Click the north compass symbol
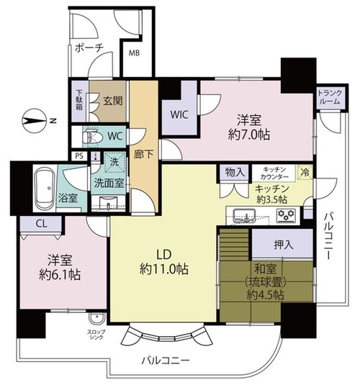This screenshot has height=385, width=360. coord(34,121)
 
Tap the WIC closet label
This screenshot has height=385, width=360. coord(179,114)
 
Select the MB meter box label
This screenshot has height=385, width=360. coord(135,53)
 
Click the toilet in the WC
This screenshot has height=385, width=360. coord(93,136)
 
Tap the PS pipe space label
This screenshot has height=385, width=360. coord(79,156)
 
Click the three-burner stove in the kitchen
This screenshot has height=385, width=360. coord(286,215)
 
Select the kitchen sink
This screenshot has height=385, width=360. coord(244,216)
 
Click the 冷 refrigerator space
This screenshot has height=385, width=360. coord(305,172)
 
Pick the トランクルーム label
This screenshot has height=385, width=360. coord(330,97)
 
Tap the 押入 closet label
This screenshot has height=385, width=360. coord(284,245)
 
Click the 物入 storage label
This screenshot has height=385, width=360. coord(235,173)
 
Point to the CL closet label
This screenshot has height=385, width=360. coord(41,224)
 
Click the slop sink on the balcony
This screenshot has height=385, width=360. coord(97,319)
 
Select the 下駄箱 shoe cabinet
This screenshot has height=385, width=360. coord(79,101)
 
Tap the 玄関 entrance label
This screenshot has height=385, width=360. coord(113,101)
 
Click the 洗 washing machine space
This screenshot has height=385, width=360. coord(114,162)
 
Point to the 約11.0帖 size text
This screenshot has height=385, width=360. coord(164,269)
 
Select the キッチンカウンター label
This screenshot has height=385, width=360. coord(274,173)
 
